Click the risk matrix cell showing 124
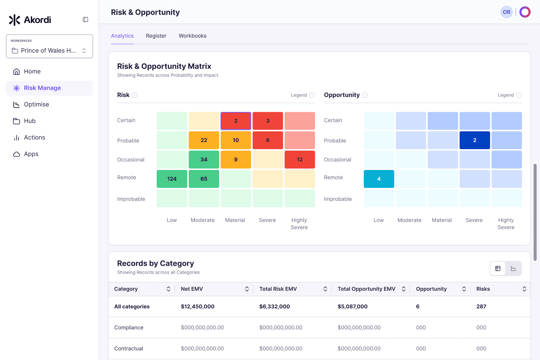click(172, 179)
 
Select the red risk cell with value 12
click(300, 160)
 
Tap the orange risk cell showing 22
click(204, 140)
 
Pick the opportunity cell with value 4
click(379, 179)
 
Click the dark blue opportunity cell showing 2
click(475, 140)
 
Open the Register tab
click(156, 36)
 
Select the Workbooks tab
click(193, 36)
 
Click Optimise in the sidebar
click(37, 104)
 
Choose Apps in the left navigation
click(31, 154)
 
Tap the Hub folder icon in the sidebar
click(16, 121)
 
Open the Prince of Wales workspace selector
click(49, 46)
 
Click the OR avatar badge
click(507, 12)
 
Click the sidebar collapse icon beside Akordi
click(85, 19)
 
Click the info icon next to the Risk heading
click(134, 95)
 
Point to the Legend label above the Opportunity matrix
click(506, 95)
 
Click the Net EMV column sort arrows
click(247, 289)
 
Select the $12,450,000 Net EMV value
click(198, 307)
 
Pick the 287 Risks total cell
click(481, 307)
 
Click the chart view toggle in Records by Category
click(513, 268)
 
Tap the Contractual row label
click(128, 349)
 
